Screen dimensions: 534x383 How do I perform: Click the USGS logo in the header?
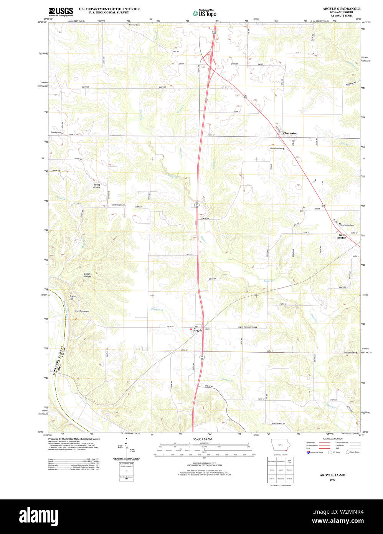click(x=61, y=12)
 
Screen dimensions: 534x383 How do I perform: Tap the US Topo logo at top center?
click(x=205, y=13)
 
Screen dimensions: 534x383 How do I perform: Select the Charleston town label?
click(x=290, y=133)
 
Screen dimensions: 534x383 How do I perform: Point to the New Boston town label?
click(x=342, y=236)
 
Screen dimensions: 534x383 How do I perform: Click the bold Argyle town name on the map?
click(x=198, y=330)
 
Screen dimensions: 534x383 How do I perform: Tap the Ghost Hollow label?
click(x=87, y=275)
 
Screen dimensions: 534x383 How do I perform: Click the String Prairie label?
click(x=97, y=186)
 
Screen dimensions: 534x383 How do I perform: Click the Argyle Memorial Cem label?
click(x=246, y=327)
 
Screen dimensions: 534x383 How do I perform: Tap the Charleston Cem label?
click(x=276, y=148)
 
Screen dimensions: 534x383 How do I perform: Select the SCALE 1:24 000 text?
click(x=203, y=439)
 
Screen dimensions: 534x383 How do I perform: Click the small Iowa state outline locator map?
click(x=279, y=447)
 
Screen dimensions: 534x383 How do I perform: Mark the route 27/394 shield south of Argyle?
click(x=201, y=357)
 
